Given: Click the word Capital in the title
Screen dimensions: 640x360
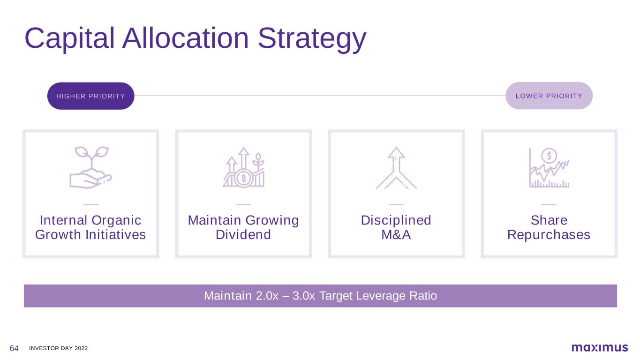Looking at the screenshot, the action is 69,38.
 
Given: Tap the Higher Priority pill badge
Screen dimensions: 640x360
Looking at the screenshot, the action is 91,96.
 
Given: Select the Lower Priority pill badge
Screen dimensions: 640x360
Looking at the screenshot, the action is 549,96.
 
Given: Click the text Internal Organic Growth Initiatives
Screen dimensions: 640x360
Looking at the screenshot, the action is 90,227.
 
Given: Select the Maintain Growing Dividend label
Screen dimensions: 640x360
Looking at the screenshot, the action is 243,227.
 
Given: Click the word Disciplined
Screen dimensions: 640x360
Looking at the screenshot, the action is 396,220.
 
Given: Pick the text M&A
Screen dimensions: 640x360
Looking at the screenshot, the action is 396,235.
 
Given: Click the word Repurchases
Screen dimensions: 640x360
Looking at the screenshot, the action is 549,235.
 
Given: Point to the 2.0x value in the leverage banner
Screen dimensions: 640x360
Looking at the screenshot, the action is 267,296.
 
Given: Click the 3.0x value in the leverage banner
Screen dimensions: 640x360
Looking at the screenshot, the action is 304,296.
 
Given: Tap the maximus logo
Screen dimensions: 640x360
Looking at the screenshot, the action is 600,347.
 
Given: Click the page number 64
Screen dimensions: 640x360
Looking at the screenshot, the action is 14,348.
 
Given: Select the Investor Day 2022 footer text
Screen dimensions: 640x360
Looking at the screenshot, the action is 58,348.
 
